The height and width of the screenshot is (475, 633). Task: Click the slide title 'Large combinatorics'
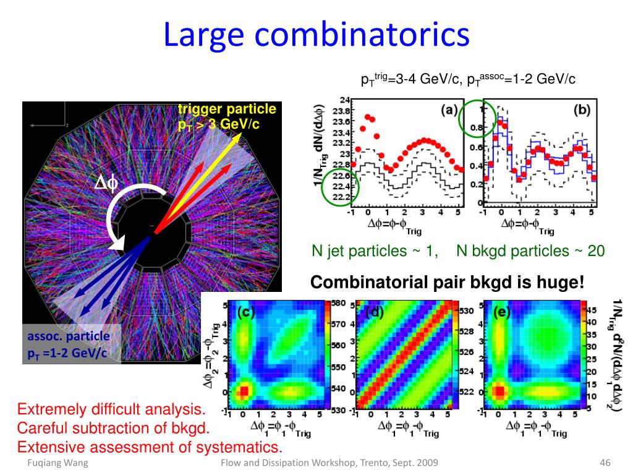pos(316,35)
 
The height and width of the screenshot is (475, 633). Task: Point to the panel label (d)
pos(375,312)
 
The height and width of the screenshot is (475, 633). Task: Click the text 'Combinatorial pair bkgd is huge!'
pos(447,283)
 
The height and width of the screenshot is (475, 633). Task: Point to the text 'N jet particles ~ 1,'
pos(375,250)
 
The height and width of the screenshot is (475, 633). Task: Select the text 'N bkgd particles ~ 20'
pos(530,250)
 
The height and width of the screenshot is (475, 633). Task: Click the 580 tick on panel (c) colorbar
pos(338,304)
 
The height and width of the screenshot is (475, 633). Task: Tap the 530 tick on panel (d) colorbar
pos(465,309)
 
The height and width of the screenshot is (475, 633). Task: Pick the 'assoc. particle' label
pos(68,336)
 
